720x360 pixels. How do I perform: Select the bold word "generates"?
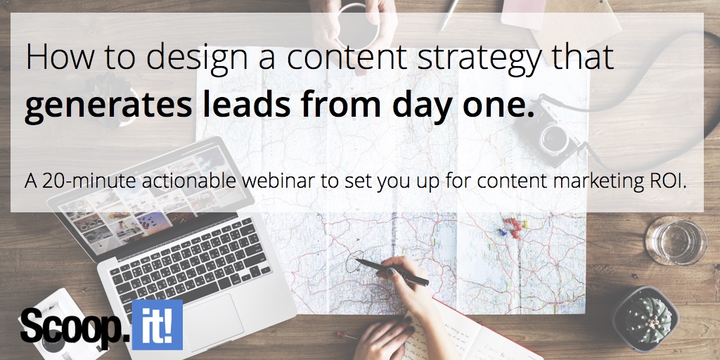pyautogui.click(x=108, y=106)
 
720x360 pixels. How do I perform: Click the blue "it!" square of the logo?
pyautogui.click(x=157, y=325)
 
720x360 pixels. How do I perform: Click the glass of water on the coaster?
pyautogui.click(x=676, y=241)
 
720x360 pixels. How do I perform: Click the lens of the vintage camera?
pyautogui.click(x=555, y=137)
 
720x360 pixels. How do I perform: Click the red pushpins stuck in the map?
pyautogui.click(x=512, y=227)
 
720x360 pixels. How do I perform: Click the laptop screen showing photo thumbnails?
pyautogui.click(x=152, y=199)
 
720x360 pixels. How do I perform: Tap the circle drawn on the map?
pyautogui.click(x=354, y=262)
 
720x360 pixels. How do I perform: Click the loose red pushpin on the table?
pyautogui.click(x=347, y=335)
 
